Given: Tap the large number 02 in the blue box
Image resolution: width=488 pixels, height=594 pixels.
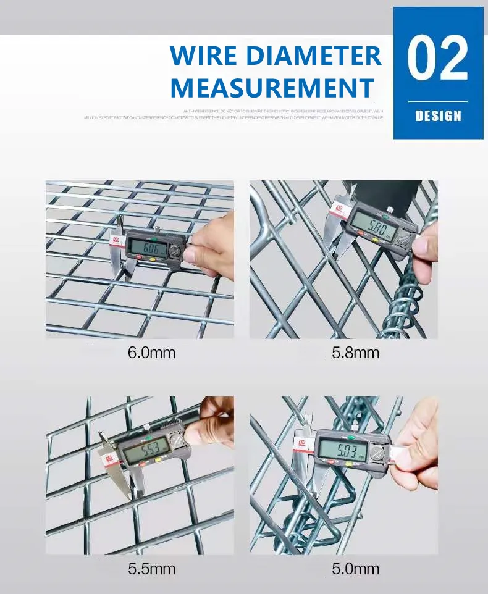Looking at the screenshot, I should tap(438, 59).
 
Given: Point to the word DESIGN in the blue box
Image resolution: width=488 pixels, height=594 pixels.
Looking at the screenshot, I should tap(438, 115).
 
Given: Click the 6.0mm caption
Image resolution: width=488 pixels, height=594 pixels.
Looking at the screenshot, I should tap(152, 353).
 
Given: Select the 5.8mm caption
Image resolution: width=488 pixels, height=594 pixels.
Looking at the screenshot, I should tap(355, 353).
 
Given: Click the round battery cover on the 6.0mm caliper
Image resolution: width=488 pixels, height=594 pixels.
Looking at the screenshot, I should tap(175, 253).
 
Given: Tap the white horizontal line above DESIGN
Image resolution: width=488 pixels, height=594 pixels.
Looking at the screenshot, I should tap(438, 101).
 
